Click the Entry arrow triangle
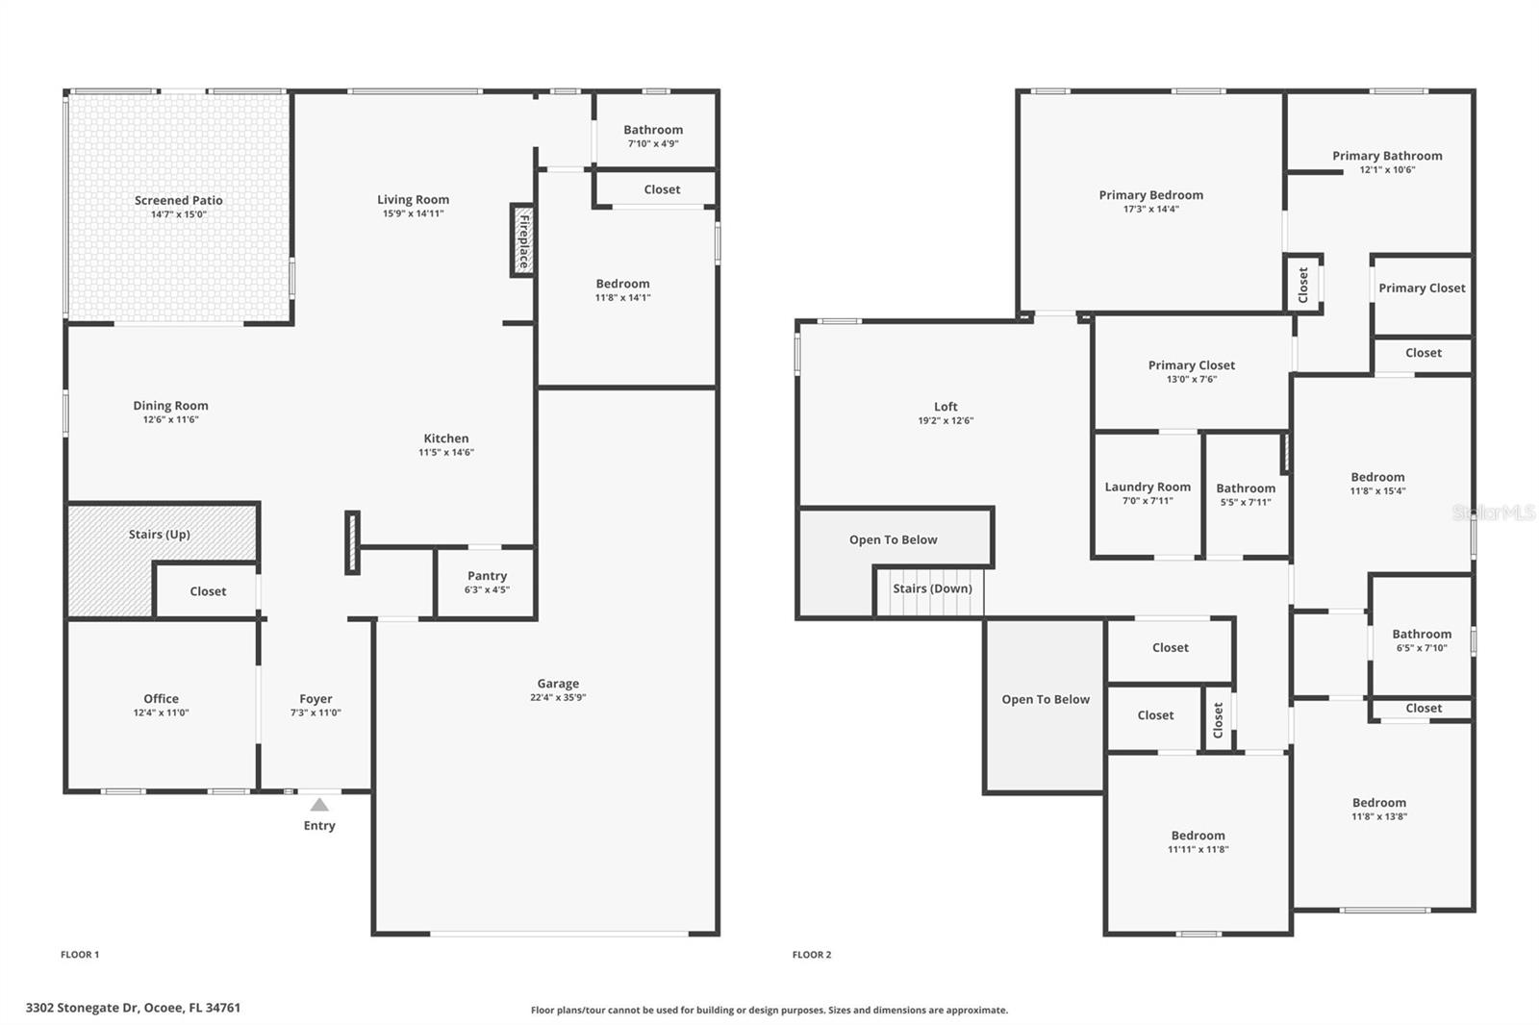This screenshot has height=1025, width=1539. (x=318, y=805)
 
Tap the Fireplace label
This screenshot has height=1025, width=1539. (x=524, y=241)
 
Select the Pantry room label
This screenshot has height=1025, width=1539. (x=487, y=576)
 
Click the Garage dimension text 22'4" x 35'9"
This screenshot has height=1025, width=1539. (x=558, y=697)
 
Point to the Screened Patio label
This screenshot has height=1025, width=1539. (x=179, y=201)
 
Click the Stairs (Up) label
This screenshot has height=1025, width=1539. (x=160, y=535)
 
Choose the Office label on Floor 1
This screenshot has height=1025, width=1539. (x=161, y=699)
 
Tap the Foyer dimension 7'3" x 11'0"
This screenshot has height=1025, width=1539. (x=315, y=712)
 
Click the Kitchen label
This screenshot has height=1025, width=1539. (x=446, y=438)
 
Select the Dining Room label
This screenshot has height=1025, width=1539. (x=170, y=406)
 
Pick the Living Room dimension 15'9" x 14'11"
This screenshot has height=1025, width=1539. (x=413, y=213)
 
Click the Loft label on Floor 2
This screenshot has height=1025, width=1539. (x=946, y=407)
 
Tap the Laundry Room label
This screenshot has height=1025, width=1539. (x=1148, y=487)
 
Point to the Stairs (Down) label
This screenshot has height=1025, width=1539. (x=932, y=588)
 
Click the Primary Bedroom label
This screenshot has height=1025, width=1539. (x=1150, y=195)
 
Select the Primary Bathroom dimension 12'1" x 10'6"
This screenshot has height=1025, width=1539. (x=1387, y=169)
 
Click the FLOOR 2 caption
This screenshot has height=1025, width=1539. (x=812, y=954)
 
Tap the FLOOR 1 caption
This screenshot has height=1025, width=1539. (x=80, y=954)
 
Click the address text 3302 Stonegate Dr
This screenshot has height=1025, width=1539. (x=83, y=1008)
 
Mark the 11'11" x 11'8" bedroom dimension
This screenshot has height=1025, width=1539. (x=1198, y=850)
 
